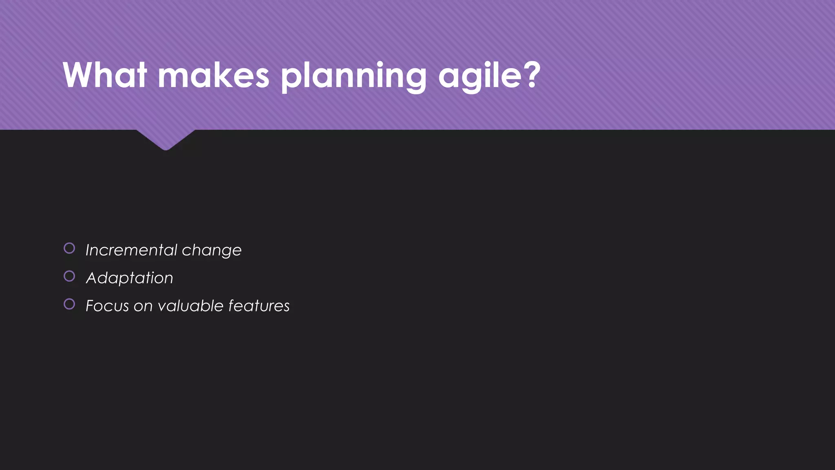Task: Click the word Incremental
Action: coord(131,250)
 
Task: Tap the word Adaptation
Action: coord(129,278)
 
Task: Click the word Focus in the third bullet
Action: coord(107,306)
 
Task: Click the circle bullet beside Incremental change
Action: coord(69,248)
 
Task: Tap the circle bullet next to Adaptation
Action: coord(69,276)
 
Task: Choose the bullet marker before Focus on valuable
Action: coord(69,304)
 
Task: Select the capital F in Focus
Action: coord(91,306)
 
